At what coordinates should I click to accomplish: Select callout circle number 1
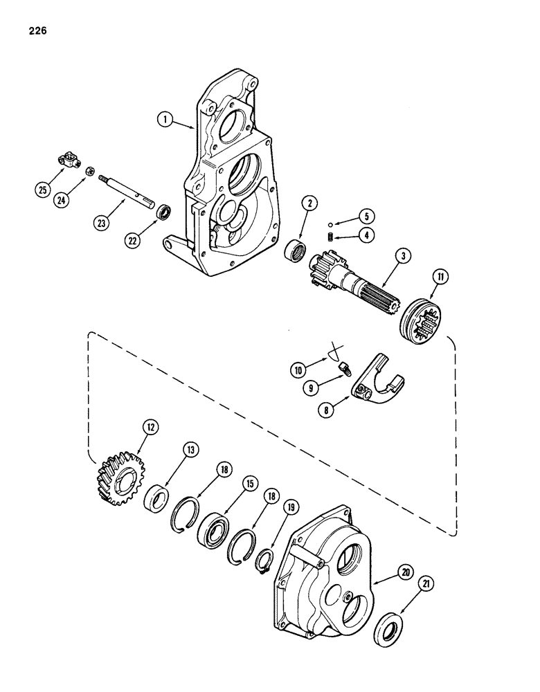point(164,119)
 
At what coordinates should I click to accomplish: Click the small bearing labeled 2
point(297,250)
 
